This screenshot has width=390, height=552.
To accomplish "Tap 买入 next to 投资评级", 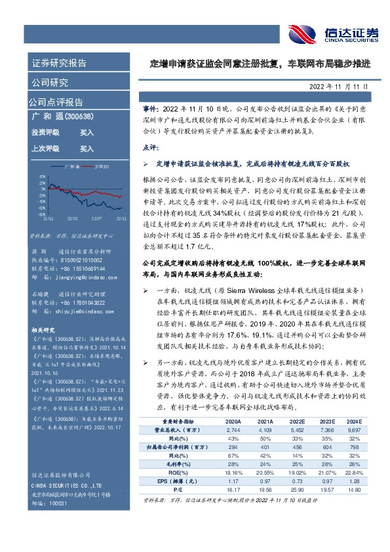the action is click(87, 132).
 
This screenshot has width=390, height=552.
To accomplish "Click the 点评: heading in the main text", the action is click(151, 149).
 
